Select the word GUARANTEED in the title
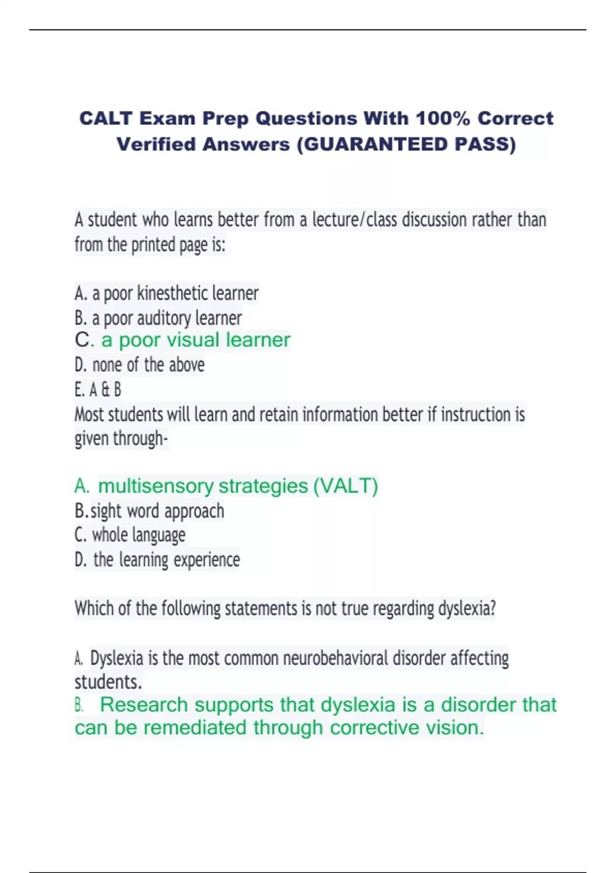click(376, 144)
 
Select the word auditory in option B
click(163, 318)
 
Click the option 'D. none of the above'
click(140, 365)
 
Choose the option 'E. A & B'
click(98, 390)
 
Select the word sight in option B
click(106, 511)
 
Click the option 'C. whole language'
click(130, 535)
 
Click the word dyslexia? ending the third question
click(467, 609)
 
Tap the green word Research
click(144, 705)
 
